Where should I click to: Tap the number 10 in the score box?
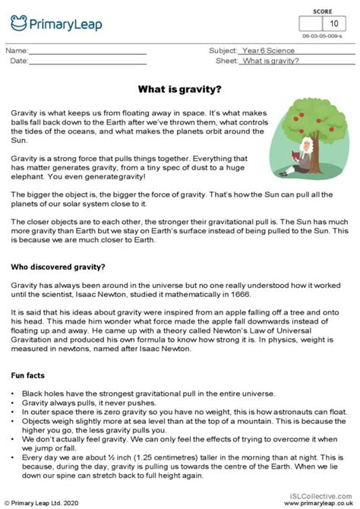333,23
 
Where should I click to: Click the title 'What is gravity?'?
180,89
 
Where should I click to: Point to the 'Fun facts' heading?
28,375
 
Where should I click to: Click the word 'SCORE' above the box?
322,11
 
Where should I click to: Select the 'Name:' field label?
17,50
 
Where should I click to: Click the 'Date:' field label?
17,60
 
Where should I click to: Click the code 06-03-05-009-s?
322,36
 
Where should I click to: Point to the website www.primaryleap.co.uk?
320,502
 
